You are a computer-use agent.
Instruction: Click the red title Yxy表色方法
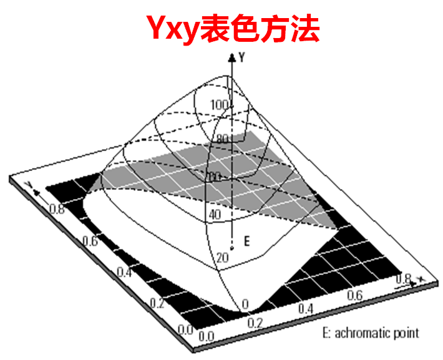tap(233, 29)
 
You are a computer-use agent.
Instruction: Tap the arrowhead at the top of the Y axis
tap(232, 57)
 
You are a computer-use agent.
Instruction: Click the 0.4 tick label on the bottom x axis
tap(305, 309)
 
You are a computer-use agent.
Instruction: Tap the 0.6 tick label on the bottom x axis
tap(355, 294)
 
